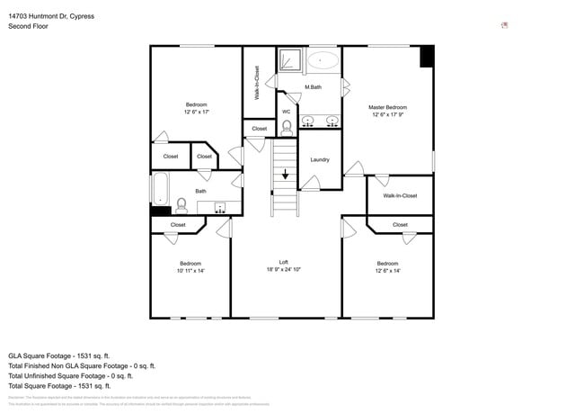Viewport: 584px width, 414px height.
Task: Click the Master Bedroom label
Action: [388, 107]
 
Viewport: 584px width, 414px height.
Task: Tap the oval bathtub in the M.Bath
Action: [323, 61]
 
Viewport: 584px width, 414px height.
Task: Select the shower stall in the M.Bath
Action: [289, 60]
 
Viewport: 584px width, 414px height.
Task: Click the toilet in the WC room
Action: [287, 127]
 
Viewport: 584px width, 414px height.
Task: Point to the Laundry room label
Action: [320, 160]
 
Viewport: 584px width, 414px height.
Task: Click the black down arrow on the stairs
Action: [286, 174]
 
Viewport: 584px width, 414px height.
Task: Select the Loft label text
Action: [283, 262]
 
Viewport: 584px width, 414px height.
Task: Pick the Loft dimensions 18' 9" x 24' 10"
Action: [283, 270]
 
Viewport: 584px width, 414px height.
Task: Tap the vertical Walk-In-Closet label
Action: [257, 83]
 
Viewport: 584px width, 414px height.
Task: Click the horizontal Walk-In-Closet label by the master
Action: [400, 195]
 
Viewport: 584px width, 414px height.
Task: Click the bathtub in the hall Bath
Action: [160, 191]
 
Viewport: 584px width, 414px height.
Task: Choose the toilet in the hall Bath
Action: [181, 204]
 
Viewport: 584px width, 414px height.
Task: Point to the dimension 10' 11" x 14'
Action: [190, 270]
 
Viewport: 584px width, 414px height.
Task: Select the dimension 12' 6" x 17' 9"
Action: [388, 115]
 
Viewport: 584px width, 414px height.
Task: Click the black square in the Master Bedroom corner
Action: [427, 55]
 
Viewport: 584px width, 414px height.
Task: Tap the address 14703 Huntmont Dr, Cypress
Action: [51, 16]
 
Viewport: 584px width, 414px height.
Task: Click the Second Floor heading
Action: [29, 27]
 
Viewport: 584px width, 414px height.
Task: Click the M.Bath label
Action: [314, 87]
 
